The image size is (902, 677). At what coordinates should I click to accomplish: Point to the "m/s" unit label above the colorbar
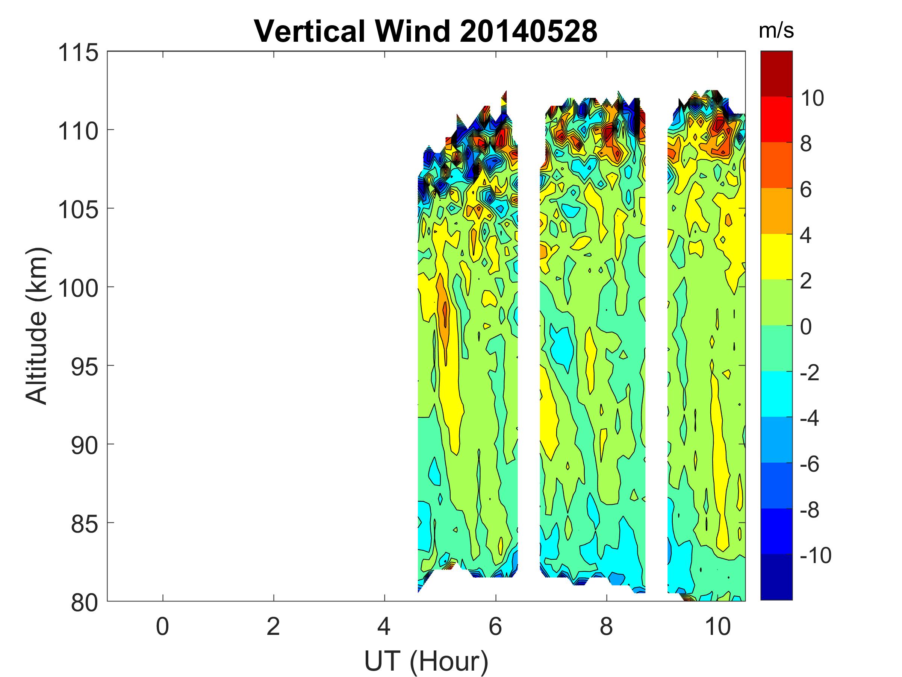(x=776, y=30)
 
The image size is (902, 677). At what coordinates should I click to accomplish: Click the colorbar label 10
(x=812, y=98)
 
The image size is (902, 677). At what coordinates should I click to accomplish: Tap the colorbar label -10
(x=815, y=556)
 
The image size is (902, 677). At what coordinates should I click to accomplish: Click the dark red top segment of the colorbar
(x=776, y=73)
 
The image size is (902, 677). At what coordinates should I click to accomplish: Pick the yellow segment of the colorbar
(x=776, y=256)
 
